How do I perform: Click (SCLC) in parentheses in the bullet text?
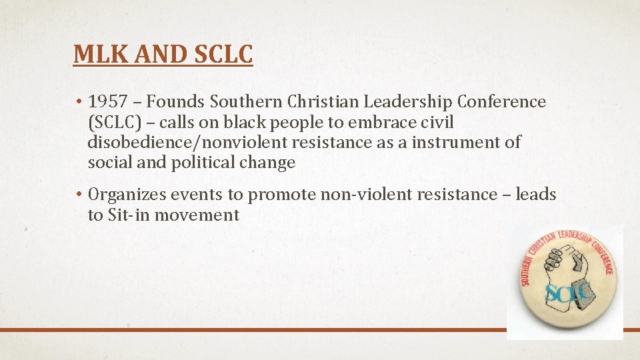[113, 122]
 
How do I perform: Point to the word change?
[269, 162]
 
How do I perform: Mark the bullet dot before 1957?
[78, 102]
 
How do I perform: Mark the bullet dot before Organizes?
[78, 195]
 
